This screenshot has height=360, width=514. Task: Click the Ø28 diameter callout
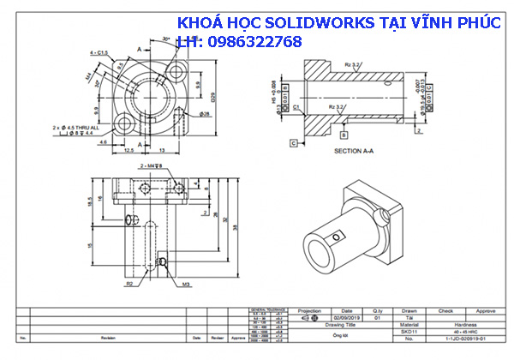point(206,112)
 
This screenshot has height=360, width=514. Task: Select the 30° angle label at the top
point(164,39)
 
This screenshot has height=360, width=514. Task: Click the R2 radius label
point(129,282)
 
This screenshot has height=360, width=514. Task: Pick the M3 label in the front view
point(185,282)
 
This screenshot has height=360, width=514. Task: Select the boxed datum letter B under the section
point(344,135)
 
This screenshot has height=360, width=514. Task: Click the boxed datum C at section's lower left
point(294,143)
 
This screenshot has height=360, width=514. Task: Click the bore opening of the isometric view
point(318,249)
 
